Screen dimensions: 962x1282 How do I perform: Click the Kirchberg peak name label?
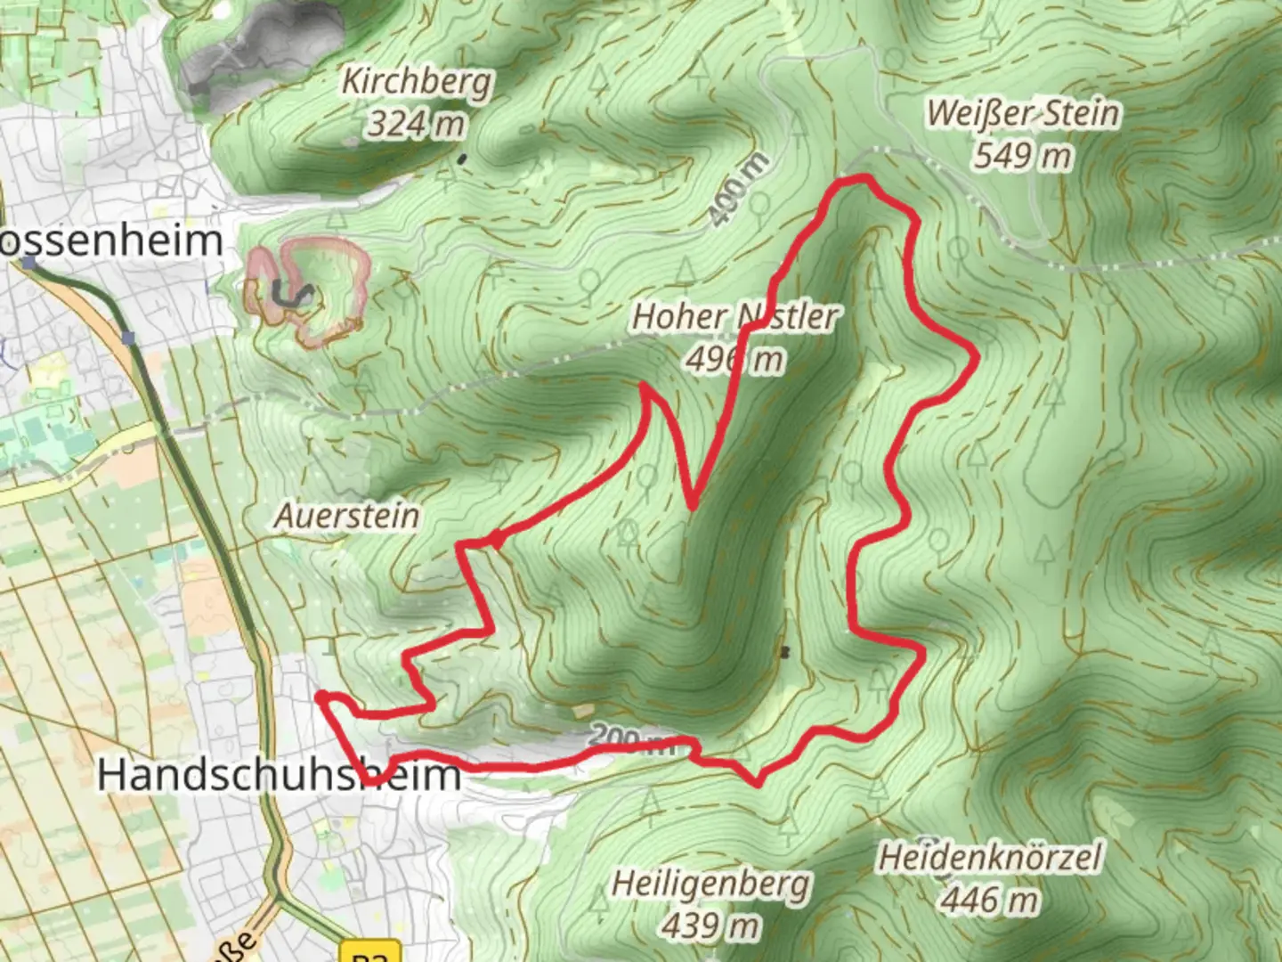(417, 82)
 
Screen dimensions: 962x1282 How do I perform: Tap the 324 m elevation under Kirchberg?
(417, 124)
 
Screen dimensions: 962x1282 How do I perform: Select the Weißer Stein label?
(1023, 114)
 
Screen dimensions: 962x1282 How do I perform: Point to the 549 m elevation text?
(1023, 156)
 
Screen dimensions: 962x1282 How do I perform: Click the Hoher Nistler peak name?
(735, 316)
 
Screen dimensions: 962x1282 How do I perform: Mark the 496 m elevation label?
(735, 359)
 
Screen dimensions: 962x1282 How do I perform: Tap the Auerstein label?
(347, 515)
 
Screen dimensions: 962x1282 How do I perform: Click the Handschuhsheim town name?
(279, 774)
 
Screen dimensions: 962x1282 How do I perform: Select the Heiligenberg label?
(711, 884)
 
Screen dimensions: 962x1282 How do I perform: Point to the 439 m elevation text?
(711, 925)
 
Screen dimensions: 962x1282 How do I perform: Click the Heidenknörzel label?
(990, 858)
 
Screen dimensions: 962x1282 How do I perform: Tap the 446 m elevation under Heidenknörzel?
(990, 900)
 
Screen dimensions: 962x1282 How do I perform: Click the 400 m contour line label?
(739, 188)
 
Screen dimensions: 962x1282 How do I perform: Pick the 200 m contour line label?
(632, 739)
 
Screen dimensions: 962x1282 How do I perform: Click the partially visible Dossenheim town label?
(110, 241)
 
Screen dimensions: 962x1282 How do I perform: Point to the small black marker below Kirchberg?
(461, 159)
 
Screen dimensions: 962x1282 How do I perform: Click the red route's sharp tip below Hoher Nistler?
(693, 506)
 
